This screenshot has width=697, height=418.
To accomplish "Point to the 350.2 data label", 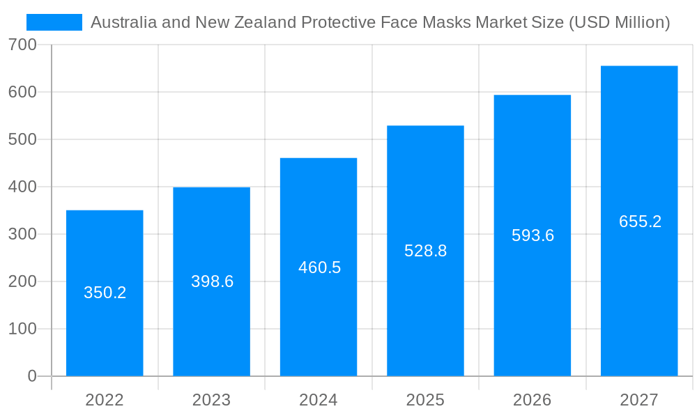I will (x=105, y=293).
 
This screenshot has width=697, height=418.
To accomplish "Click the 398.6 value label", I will (x=212, y=281).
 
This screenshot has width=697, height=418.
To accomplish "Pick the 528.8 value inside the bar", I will (x=425, y=251).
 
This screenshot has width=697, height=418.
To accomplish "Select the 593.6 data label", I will (x=533, y=235).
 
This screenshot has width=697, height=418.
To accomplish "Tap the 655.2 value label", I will (x=640, y=222).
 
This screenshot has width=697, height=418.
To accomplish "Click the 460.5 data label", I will (x=319, y=268).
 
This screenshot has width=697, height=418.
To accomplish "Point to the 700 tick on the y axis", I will (x=22, y=45).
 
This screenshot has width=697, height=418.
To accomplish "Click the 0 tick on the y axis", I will (x=32, y=376).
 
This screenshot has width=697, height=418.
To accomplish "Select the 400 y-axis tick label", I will (x=22, y=187).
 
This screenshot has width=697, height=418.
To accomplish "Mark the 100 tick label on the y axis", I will (x=22, y=329).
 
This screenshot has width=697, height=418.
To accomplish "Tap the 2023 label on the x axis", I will (x=211, y=400).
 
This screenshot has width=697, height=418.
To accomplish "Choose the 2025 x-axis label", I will (x=425, y=400).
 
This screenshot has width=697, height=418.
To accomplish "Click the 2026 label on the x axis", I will (x=532, y=400).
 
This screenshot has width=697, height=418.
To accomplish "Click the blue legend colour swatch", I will (x=54, y=22).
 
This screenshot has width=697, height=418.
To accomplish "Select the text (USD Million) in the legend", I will (x=619, y=22).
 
